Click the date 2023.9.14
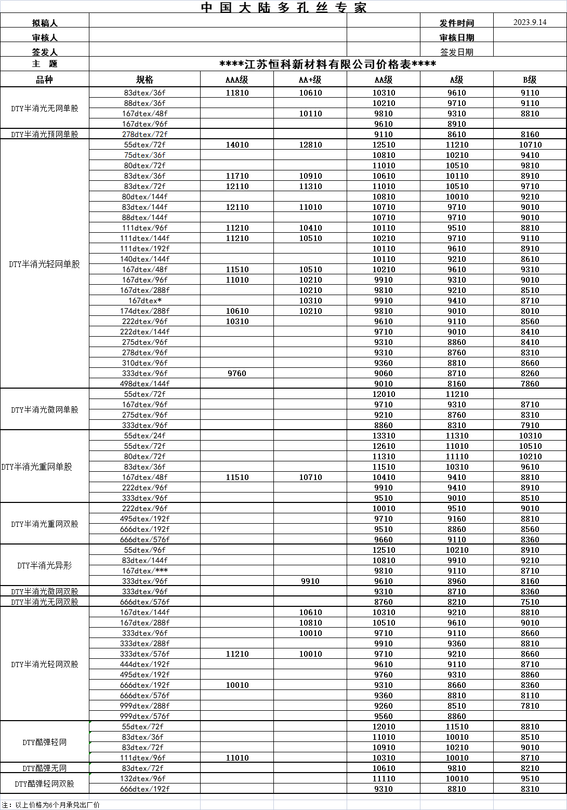530,22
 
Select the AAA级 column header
237,79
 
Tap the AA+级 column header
310,79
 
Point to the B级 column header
530,79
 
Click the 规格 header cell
144,79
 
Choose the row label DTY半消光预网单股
45,135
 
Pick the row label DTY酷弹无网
45,768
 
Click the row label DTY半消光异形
45,566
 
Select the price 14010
237,145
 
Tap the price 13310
384,436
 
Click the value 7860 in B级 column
530,384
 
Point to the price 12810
310,145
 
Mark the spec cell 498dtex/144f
144,384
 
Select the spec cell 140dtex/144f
144,259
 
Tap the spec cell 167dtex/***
144,571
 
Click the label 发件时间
456,23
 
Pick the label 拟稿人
45,23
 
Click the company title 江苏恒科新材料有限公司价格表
327,64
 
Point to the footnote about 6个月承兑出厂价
50,805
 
